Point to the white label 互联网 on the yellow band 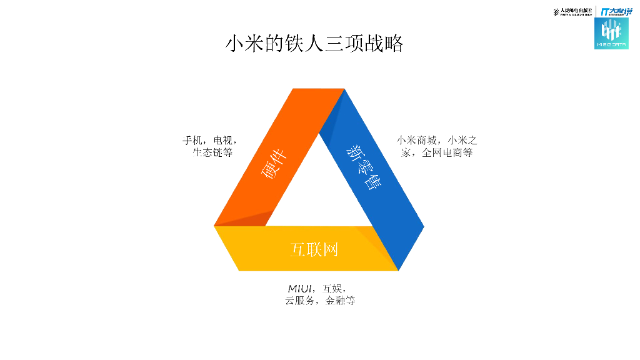(314, 249)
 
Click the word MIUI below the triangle (300, 289)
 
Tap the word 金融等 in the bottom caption (340, 301)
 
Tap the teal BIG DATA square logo (611, 33)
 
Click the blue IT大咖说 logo (616, 11)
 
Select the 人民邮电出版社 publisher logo (573, 11)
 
